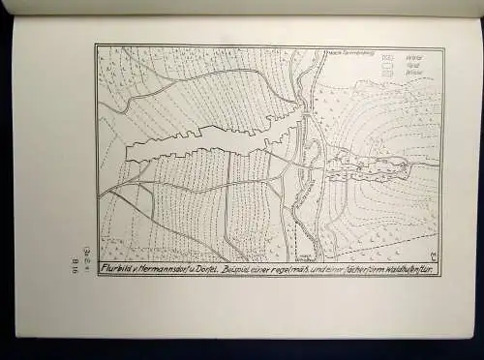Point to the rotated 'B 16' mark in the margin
point(75,264)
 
